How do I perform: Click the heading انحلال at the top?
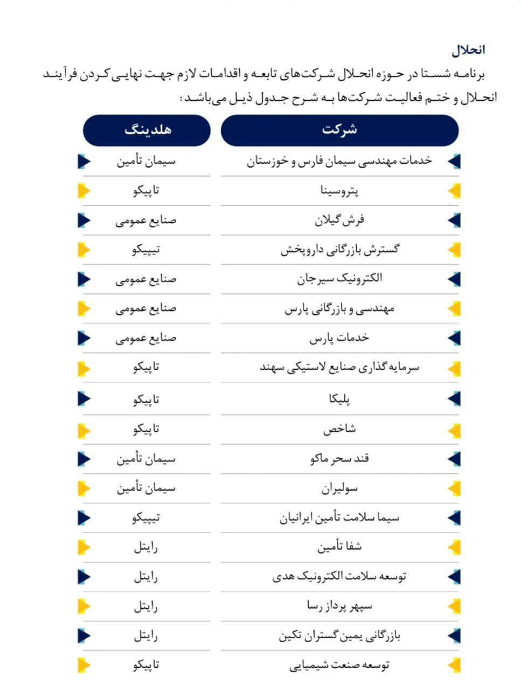468,50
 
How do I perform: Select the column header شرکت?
339,130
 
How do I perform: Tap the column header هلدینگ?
147,130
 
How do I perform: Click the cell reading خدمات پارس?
339,338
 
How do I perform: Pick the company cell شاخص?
339,429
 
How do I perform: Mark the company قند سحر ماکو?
339,459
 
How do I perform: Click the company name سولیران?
339,488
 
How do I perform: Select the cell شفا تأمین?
339,547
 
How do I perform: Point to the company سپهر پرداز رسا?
339,606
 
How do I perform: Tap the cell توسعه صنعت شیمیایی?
339,665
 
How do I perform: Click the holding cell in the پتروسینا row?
147,190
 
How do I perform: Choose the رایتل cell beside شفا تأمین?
147,547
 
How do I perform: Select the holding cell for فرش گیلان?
147,220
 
